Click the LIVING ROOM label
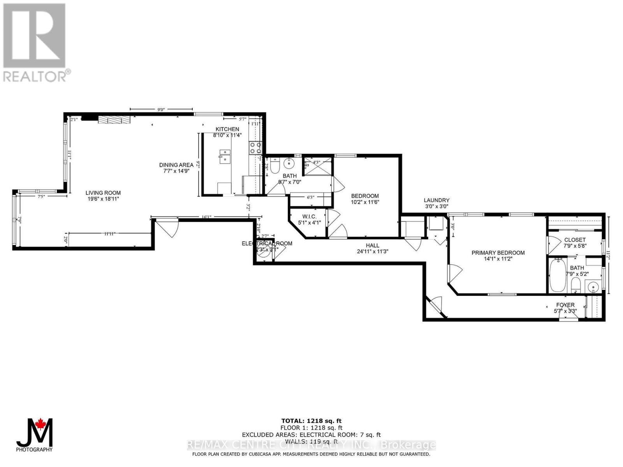103,193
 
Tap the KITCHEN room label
227,129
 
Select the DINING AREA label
176,165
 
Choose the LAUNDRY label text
436,200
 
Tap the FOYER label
565,305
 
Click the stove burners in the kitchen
255,147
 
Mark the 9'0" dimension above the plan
161,109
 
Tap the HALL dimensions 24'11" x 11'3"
372,251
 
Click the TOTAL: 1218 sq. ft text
311,421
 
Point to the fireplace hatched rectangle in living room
113,120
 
